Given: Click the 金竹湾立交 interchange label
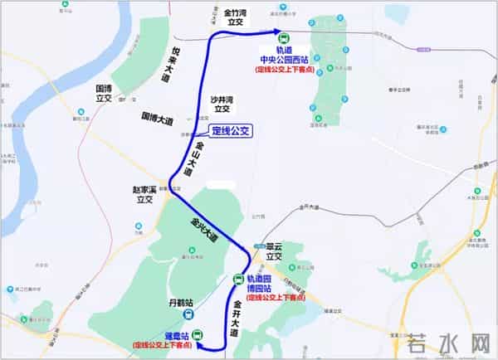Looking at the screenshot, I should [238, 18].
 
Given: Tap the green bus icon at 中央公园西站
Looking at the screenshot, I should [283, 37].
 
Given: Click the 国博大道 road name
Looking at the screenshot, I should [158, 119].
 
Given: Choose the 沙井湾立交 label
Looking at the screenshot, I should [221, 102].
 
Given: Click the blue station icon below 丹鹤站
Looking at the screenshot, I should [189, 315].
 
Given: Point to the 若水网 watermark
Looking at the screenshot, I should [450, 343].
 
